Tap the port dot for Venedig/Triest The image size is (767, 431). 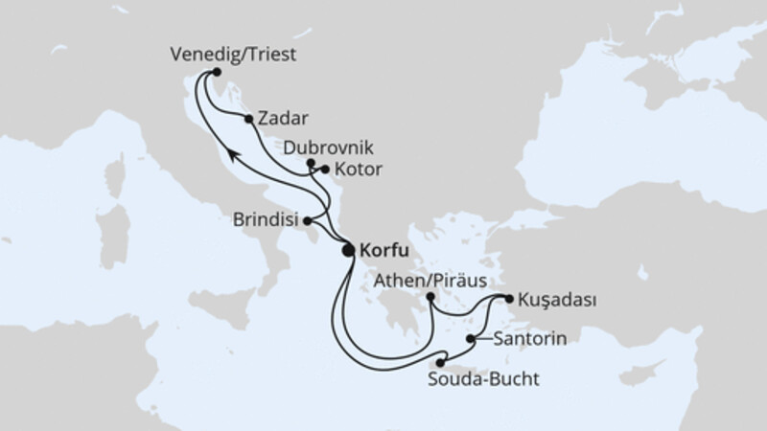[x=217, y=73]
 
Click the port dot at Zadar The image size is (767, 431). [x=249, y=120]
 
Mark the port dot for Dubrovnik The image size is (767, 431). [x=310, y=164]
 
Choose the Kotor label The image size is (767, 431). [x=357, y=170]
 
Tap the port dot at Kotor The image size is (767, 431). [x=325, y=170]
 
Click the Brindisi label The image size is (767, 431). [x=265, y=219]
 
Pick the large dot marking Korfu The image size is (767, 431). [x=349, y=251]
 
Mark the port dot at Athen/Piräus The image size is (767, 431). [x=431, y=298]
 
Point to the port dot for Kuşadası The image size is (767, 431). [x=509, y=298]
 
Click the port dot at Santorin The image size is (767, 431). [x=471, y=339]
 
